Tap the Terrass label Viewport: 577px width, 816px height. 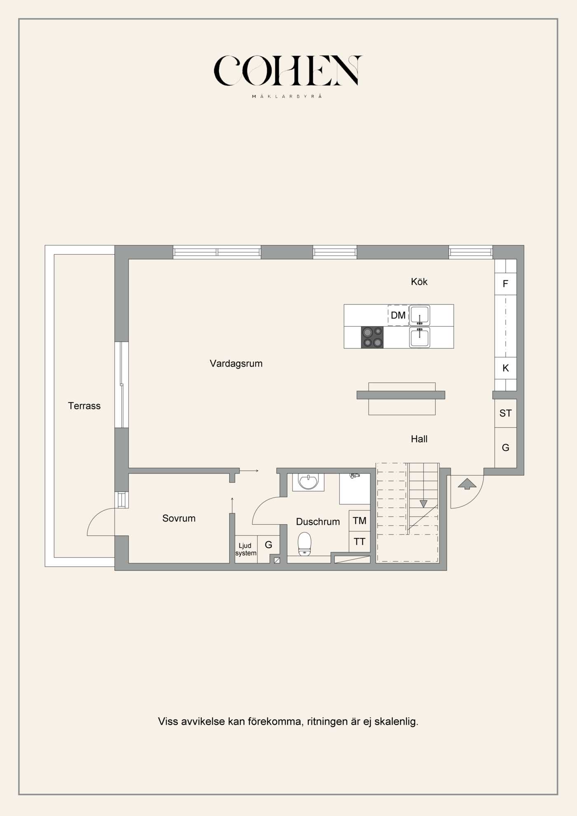pos(84,406)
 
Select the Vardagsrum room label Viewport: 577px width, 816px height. pos(236,363)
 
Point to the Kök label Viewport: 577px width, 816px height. pos(419,282)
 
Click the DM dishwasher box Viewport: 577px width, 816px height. pos(398,315)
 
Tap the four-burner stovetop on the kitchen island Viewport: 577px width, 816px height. pos(372,338)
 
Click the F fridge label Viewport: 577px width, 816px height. pos(505,284)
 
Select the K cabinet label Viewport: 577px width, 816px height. pos(506,368)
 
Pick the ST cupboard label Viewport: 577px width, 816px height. pos(506,413)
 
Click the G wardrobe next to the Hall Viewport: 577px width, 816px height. pos(506,448)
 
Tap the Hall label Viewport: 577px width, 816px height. pos(419,439)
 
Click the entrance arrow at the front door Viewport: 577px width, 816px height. pos(467,484)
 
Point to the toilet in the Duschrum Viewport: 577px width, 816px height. pos(305,544)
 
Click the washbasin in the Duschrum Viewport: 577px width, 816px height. pos(308,482)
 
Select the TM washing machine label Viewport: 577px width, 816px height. pos(359,521)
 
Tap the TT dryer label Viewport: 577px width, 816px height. pos(359,542)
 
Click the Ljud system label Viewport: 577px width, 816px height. pos(246,549)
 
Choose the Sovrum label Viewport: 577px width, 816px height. pos(179,518)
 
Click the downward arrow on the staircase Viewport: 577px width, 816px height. pos(423,504)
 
